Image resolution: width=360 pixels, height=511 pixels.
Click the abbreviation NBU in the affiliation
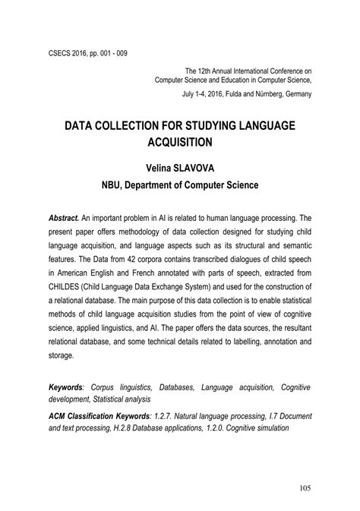(x=115, y=184)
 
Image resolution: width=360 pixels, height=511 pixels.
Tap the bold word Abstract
(x=64, y=217)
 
